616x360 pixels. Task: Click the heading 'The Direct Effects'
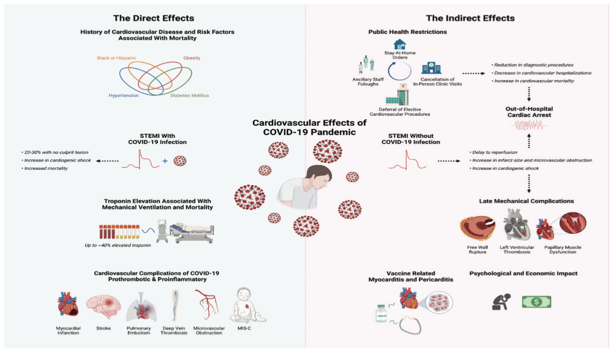154,18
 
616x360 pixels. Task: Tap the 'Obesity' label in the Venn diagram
192,58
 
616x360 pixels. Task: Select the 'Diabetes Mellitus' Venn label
189,95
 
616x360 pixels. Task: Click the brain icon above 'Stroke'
103,306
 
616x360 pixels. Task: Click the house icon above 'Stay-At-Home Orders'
399,45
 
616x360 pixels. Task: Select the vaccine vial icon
381,313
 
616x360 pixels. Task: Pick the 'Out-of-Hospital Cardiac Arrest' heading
529,112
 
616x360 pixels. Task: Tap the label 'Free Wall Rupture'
478,250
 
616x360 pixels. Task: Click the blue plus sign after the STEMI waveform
165,160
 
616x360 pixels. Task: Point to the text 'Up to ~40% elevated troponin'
117,245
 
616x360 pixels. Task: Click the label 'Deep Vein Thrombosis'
174,331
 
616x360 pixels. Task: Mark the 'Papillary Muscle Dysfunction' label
566,250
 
